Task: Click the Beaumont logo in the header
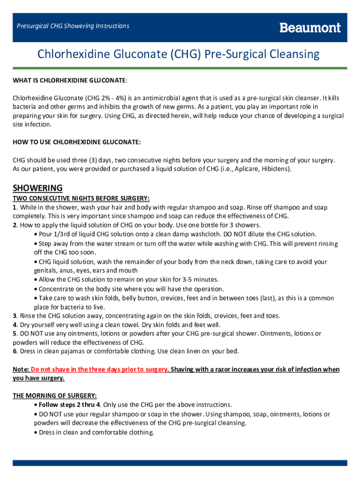(310, 28)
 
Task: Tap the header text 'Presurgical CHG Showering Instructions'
(73, 26)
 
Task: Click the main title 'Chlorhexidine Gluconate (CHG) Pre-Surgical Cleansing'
(179, 55)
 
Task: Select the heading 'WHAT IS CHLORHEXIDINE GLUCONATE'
(69, 81)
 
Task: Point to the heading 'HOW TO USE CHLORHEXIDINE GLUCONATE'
(76, 142)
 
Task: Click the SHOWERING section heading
(37, 188)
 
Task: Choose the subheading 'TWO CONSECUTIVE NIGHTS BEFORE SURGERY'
(81, 198)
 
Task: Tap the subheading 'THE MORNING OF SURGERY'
(55, 396)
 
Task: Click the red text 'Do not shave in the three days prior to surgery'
(99, 370)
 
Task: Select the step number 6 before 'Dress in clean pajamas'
(14, 351)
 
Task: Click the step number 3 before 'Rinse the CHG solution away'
(14, 316)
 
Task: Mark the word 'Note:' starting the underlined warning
(21, 370)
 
